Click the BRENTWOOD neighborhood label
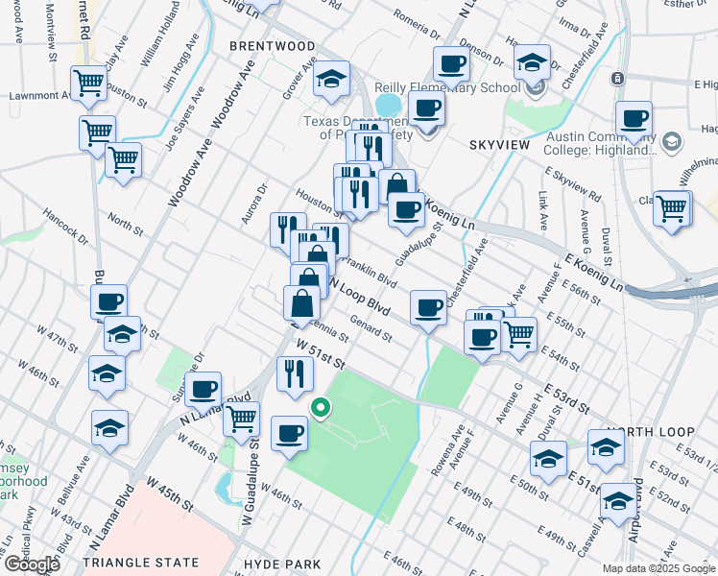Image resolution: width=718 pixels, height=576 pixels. (272, 46)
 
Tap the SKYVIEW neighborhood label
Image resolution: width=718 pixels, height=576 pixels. (499, 144)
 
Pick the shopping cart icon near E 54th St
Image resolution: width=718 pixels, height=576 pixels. (519, 333)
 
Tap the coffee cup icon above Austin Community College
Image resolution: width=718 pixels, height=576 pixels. (634, 120)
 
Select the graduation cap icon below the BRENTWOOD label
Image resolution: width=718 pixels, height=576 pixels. (332, 80)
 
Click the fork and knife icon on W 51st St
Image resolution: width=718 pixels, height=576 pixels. (295, 372)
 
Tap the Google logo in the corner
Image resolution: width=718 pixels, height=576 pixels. (32, 564)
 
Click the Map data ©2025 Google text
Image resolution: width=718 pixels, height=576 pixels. (659, 568)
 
